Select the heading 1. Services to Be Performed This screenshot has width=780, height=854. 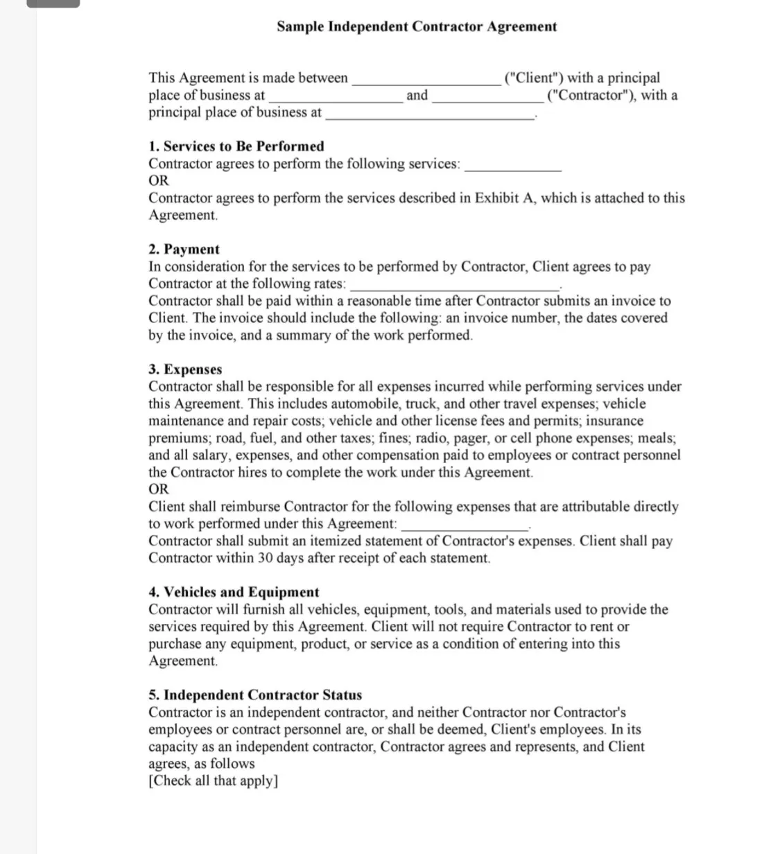pyautogui.click(x=236, y=146)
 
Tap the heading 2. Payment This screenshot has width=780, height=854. pyautogui.click(x=184, y=250)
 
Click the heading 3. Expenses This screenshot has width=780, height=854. pyautogui.click(x=185, y=369)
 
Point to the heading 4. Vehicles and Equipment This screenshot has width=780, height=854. pyautogui.click(x=234, y=592)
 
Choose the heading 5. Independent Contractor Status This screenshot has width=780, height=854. pyautogui.click(x=255, y=695)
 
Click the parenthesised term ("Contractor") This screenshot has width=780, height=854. pyautogui.click(x=591, y=96)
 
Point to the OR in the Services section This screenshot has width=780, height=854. pyautogui.click(x=159, y=181)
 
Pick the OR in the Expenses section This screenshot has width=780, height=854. pyautogui.click(x=159, y=489)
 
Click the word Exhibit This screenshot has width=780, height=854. pyautogui.click(x=496, y=198)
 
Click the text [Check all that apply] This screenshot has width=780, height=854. pyautogui.click(x=214, y=781)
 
